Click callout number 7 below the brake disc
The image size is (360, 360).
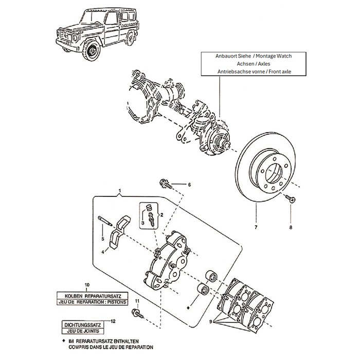pyautogui.click(x=256, y=227)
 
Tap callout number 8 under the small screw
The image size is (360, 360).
pyautogui.click(x=291, y=227)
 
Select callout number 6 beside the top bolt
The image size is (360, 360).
pyautogui.click(x=189, y=185)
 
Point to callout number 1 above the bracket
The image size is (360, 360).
pyautogui.click(x=120, y=191)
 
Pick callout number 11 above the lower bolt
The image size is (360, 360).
pyautogui.click(x=137, y=301)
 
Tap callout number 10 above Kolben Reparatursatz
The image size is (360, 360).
pyautogui.click(x=87, y=285)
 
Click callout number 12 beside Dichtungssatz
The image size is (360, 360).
pyautogui.click(x=113, y=321)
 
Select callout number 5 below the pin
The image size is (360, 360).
pyautogui.click(x=103, y=239)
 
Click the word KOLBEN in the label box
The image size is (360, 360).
pyautogui.click(x=73, y=296)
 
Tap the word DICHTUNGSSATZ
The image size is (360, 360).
pyautogui.click(x=82, y=325)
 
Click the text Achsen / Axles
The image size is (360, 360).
pyautogui.click(x=254, y=64)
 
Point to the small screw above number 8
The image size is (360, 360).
pyautogui.click(x=290, y=199)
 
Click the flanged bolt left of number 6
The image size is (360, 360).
pyautogui.click(x=166, y=184)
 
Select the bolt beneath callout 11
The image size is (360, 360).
pyautogui.click(x=137, y=314)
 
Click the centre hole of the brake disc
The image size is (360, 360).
pyautogui.click(x=274, y=174)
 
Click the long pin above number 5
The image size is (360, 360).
pyautogui.click(x=105, y=221)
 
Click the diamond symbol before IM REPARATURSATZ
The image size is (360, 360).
pyautogui.click(x=63, y=341)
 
